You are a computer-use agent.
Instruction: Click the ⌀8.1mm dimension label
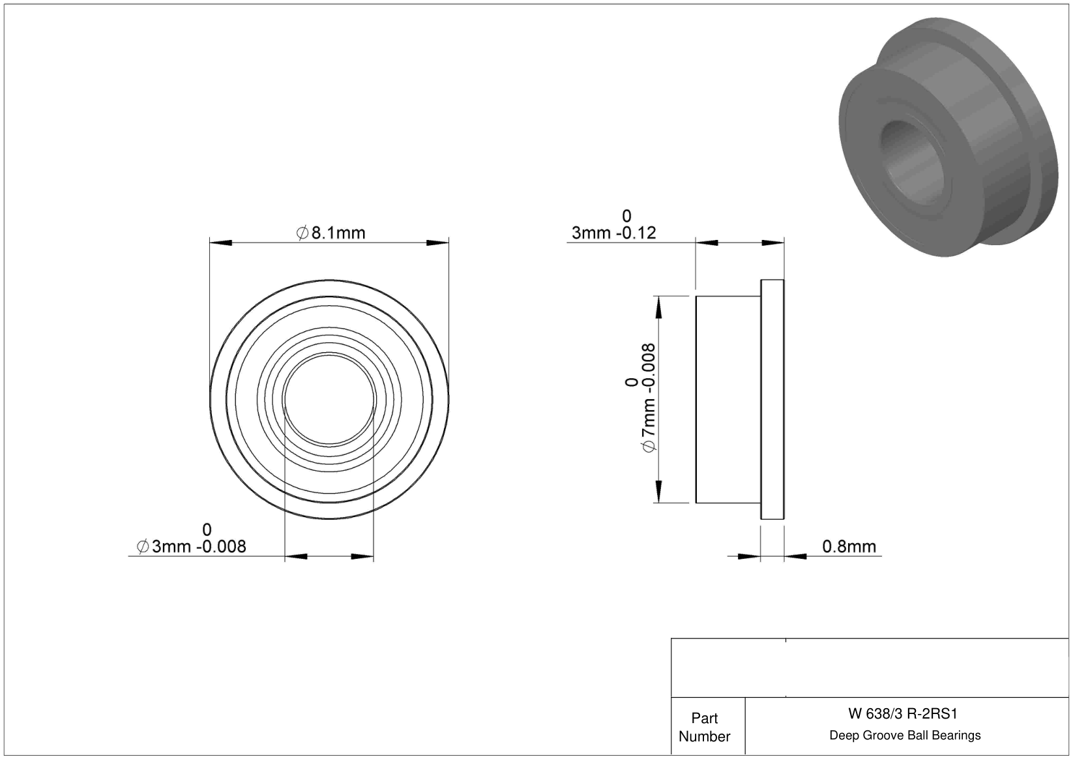click(331, 233)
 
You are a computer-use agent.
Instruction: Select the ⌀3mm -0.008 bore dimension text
click(191, 546)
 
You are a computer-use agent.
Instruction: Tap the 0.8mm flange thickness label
click(849, 546)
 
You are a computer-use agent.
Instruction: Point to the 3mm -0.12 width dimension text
click(613, 233)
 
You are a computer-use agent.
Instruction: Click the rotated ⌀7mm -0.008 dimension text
click(647, 397)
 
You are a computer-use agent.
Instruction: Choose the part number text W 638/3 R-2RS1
click(902, 713)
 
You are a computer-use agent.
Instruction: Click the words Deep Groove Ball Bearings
click(905, 735)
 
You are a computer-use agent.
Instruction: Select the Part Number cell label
click(704, 727)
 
